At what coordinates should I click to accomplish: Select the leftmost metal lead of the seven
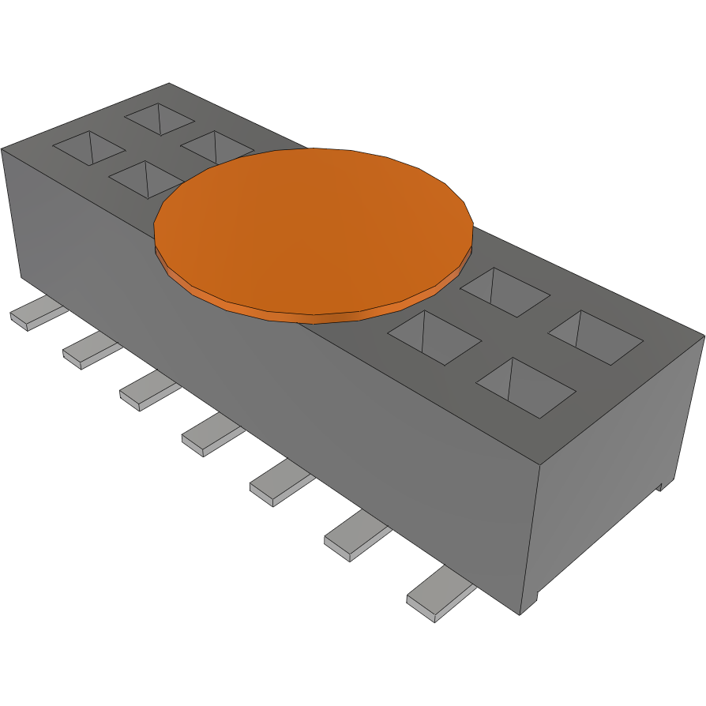[x=36, y=315]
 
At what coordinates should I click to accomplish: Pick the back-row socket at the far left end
[x=160, y=118]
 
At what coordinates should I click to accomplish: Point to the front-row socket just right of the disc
[x=434, y=337]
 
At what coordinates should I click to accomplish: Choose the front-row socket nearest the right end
[x=525, y=387]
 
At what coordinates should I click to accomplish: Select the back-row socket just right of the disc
[x=505, y=291]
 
